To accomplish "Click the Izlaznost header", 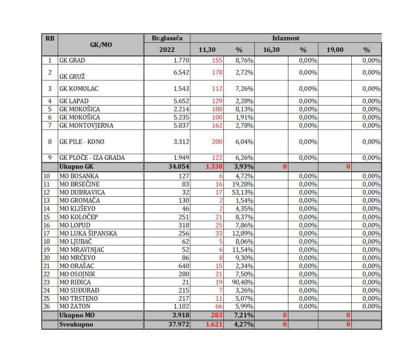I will (286, 38).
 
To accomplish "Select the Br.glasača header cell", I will (167, 38).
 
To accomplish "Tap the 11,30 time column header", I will (207, 50).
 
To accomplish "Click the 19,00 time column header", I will (335, 50).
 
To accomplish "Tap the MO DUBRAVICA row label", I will (82, 193).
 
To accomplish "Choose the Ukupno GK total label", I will (76, 167).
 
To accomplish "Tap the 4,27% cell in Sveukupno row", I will (243, 325).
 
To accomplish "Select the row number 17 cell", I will (50, 233).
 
